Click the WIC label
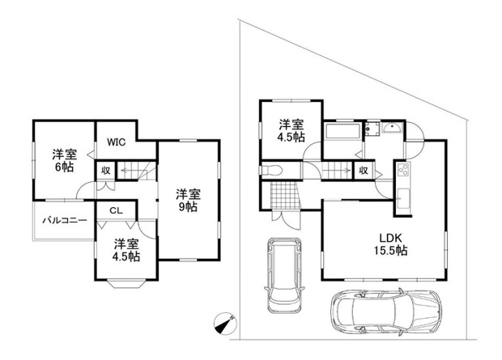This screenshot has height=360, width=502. [117, 142]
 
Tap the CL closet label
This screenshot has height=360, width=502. [116, 210]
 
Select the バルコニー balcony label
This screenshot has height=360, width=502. [65, 221]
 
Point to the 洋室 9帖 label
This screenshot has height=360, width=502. [188, 201]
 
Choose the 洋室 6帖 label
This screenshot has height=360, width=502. [65, 161]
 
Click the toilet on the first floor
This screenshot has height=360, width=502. [271, 170]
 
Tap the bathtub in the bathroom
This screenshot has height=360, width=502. [342, 131]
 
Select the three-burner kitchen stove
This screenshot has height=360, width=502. [403, 169]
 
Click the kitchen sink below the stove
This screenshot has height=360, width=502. [403, 199]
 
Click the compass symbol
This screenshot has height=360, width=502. [225, 324]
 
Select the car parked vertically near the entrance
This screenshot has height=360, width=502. [285, 275]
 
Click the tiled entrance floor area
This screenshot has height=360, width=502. [284, 196]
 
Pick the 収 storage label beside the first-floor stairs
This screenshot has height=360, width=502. [363, 171]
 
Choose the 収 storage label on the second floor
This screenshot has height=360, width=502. [105, 171]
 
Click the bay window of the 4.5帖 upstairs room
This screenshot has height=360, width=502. [127, 284]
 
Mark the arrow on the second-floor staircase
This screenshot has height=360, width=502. [132, 170]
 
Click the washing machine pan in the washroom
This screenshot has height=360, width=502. [372, 129]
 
